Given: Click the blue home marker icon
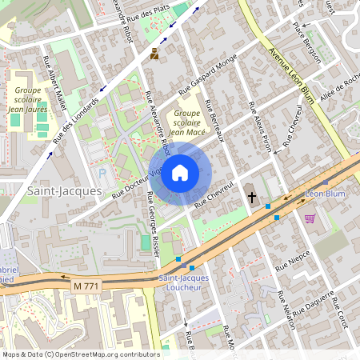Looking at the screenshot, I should point(180,172).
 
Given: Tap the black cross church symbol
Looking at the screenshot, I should point(252,196).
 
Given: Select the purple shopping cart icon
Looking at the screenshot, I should point(310,218).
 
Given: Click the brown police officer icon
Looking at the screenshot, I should point(154,54).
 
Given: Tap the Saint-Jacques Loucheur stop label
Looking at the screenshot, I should point(185,282).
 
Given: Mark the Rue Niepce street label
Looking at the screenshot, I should point(294,263).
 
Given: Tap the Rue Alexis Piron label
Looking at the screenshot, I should point(262,125).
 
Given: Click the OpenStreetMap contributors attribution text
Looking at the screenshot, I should point(80,354).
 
